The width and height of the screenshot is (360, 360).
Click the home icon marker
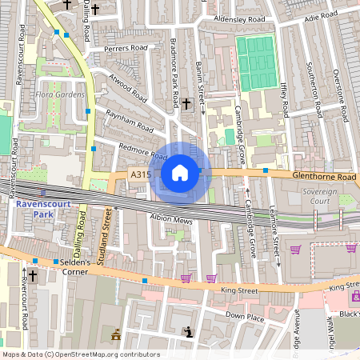(x=180, y=172)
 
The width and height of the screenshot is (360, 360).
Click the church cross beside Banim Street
(x=186, y=103)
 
